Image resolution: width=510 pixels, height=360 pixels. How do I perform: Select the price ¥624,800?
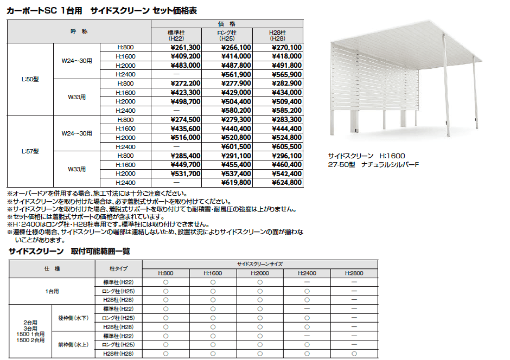pos(286,183)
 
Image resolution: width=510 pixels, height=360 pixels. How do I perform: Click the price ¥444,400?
pos(286,129)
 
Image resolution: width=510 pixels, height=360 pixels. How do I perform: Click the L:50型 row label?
pos(30,79)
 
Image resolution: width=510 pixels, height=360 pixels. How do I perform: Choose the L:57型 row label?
pos(30,151)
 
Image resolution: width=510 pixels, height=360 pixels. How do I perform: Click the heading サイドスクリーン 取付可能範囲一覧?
pos(69,252)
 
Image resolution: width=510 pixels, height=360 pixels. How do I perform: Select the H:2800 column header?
pos(354,273)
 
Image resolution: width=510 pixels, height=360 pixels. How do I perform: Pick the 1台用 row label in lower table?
pos(52,291)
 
